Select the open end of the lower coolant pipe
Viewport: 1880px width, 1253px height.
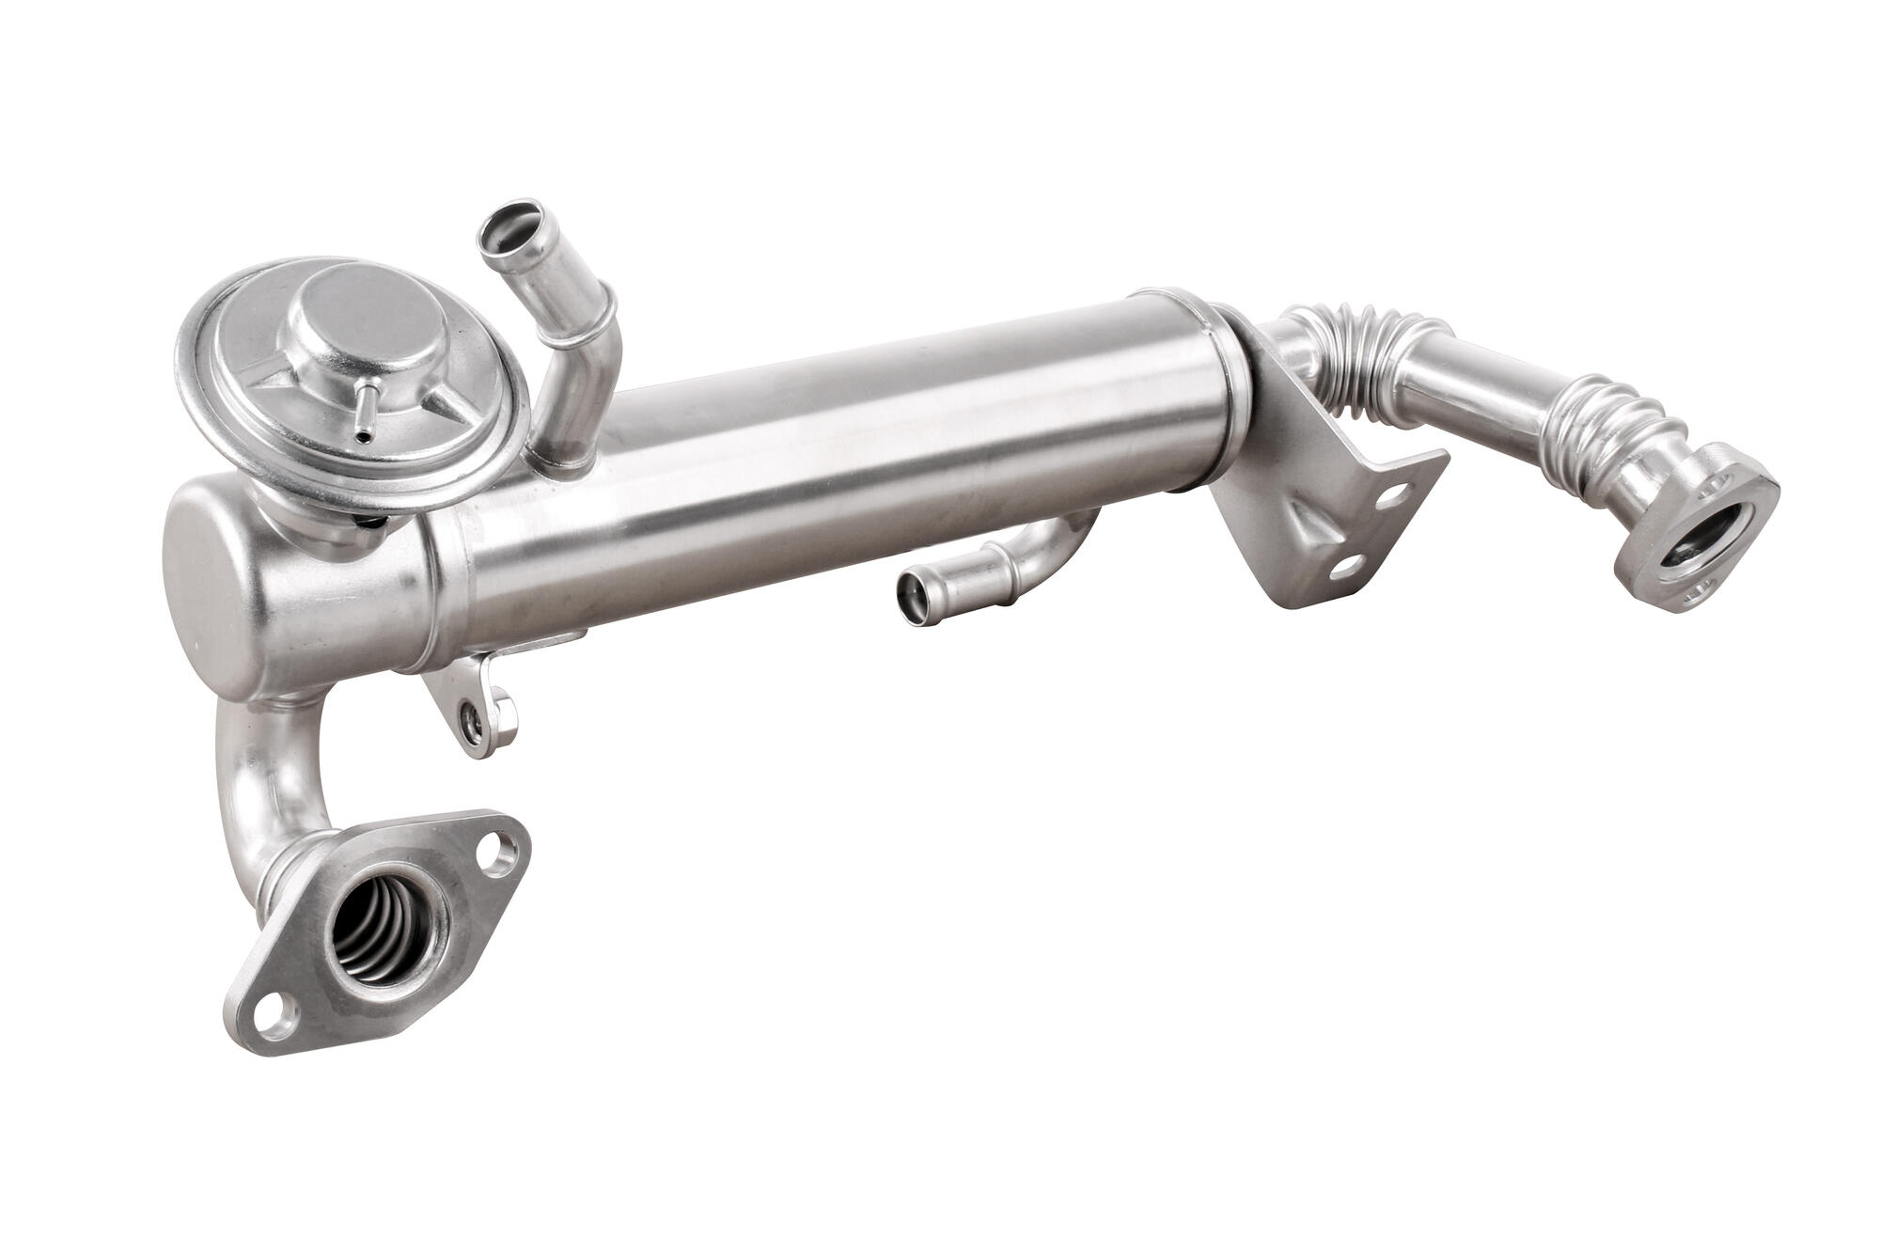[x=912, y=595]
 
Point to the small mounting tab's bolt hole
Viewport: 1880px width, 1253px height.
[x=471, y=721]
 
